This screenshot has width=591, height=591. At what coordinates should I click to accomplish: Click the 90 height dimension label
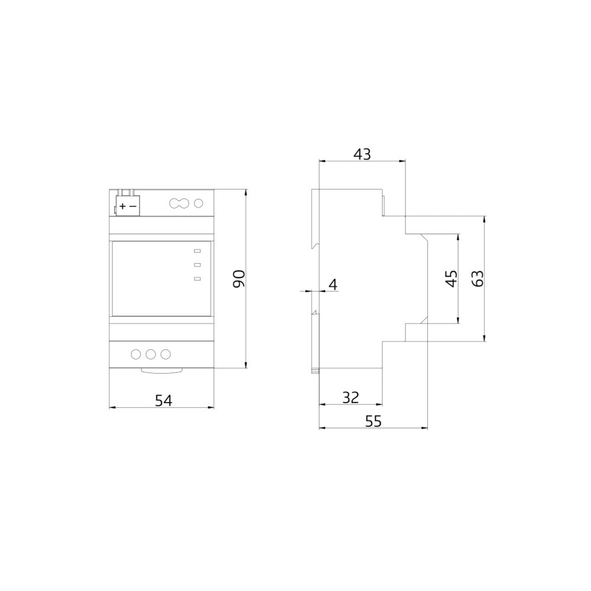point(238,278)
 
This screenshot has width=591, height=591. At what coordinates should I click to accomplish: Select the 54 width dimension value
point(163,400)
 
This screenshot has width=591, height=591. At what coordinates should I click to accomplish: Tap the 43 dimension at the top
point(362,154)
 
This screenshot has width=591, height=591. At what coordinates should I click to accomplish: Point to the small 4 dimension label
point(332,285)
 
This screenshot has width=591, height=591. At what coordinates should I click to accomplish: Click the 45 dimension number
point(451,278)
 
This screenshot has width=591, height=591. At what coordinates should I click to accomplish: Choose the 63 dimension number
point(478,278)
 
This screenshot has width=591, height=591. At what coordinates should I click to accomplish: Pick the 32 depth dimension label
point(351,397)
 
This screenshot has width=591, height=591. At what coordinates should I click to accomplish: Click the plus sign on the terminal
point(122,206)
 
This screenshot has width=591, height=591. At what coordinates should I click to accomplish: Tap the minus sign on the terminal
point(133,206)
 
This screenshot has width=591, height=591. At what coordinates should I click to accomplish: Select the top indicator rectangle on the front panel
point(197,251)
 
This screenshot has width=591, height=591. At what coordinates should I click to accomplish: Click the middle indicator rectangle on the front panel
point(197,265)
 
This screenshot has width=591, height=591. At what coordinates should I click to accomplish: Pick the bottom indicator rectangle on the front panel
point(197,278)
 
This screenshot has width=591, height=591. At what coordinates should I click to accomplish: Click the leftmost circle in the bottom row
point(135,354)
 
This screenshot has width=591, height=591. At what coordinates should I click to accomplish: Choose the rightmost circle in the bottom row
point(165,354)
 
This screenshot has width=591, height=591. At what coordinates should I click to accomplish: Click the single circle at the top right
point(199,204)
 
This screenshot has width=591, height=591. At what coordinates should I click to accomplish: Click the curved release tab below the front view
point(163,371)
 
